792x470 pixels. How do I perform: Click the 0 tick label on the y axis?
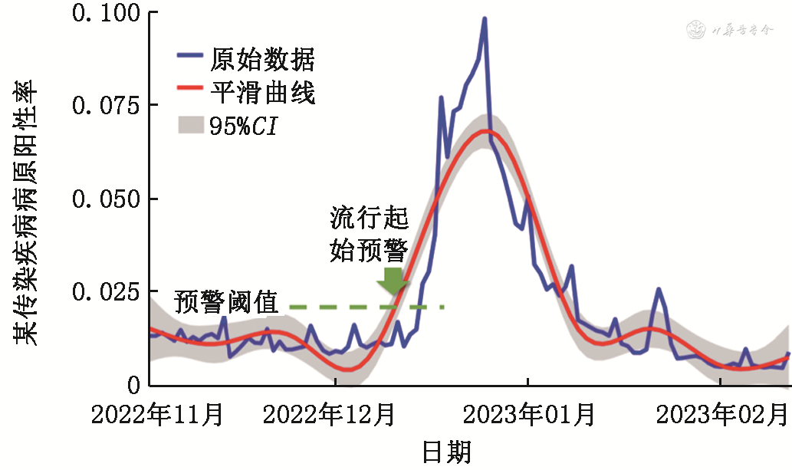(133, 385)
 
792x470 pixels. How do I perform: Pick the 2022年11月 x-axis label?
(158, 416)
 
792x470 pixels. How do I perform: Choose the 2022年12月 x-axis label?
(329, 416)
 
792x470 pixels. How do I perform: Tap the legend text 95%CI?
(242, 126)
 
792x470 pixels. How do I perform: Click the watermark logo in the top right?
(698, 31)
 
